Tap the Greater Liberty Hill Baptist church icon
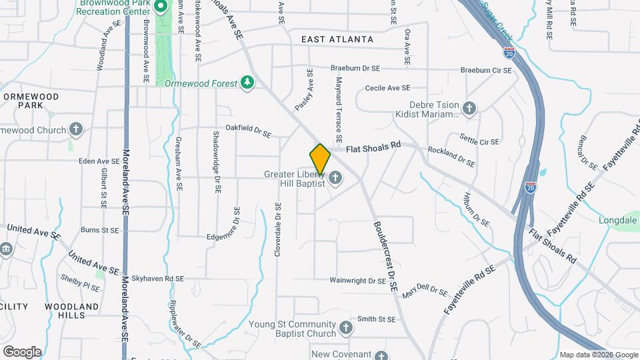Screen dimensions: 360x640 (335, 178)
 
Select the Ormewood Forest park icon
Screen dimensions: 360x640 (247, 83)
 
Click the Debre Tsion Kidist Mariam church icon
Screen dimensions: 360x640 (469, 108)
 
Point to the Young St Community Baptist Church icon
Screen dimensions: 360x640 (345, 327)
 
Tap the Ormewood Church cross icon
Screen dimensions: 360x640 (76, 129)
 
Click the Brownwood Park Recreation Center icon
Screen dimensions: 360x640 (161, 8)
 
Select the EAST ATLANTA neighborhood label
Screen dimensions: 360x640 (337, 40)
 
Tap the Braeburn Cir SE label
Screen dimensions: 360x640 (486, 70)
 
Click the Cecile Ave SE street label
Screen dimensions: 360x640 (387, 88)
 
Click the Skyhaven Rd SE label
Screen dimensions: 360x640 (157, 278)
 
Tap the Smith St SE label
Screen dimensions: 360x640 (377, 319)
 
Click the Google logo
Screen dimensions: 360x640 (22, 351)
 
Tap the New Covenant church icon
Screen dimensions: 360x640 (381, 357)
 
